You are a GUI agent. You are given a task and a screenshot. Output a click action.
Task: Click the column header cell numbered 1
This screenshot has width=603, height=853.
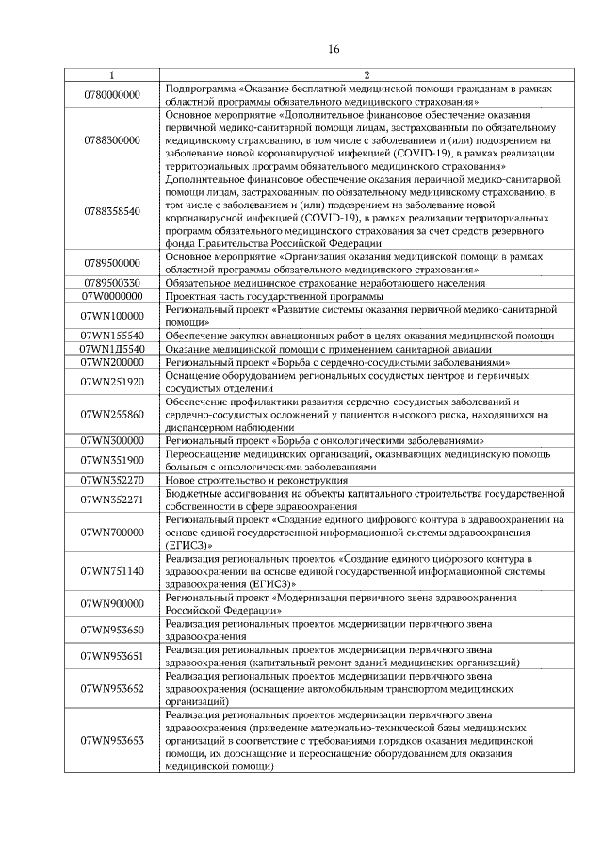pyautogui.click(x=112, y=75)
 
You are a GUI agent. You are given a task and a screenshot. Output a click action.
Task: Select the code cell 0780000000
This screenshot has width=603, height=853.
pyautogui.click(x=112, y=94)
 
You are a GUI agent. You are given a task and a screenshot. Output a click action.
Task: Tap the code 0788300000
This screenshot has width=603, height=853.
pyautogui.click(x=112, y=139)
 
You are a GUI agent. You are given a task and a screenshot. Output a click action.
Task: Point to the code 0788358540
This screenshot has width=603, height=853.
pyautogui.click(x=112, y=210)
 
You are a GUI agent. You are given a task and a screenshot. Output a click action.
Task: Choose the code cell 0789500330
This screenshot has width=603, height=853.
pyautogui.click(x=112, y=282)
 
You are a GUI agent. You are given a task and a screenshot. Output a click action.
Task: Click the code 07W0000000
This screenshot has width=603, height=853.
pyautogui.click(x=112, y=295)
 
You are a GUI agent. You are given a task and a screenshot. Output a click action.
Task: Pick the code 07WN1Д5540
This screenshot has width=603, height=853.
pyautogui.click(x=112, y=348)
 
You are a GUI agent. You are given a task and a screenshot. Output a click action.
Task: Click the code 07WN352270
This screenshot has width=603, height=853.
pyautogui.click(x=112, y=480)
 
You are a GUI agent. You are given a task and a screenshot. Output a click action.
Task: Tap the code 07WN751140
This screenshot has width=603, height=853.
pyautogui.click(x=112, y=571)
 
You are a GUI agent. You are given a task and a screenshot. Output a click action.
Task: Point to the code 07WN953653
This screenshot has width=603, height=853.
pyautogui.click(x=112, y=741)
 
